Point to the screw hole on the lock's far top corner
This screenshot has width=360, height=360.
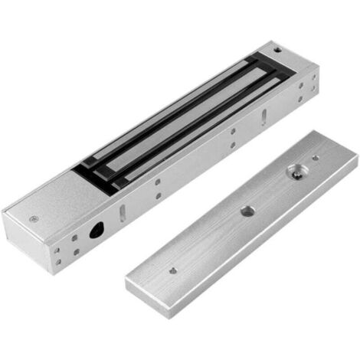tap(277, 50)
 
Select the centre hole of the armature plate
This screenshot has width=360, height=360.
tap(247, 210)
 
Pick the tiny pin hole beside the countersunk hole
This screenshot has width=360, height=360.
tap(315, 158)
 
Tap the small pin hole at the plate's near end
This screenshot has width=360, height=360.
tap(173, 270)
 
